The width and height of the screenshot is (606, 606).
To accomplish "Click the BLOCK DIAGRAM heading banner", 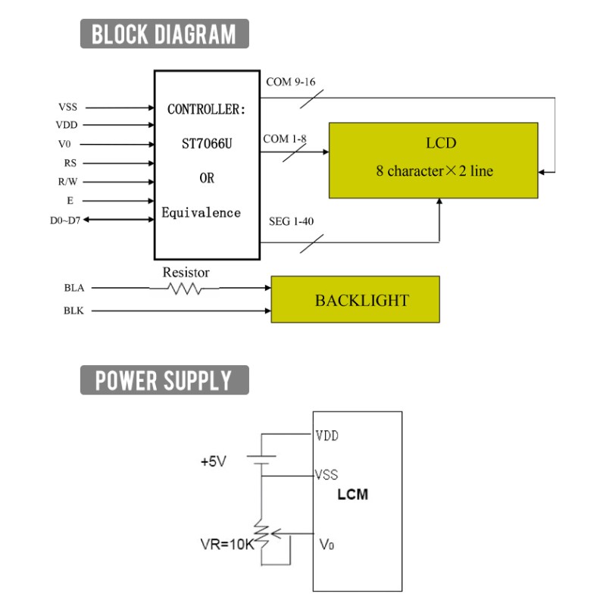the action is point(164,33).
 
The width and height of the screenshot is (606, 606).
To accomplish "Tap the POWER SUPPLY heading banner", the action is point(164,380).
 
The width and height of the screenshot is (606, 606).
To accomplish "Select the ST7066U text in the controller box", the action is point(207,144).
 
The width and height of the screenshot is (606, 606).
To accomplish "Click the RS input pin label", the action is point(70,163).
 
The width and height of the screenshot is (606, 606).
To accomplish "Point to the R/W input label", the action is point(67,182).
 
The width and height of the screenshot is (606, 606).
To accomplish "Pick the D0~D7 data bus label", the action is point(65,220).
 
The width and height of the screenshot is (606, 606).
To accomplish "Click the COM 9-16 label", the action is point(291,82).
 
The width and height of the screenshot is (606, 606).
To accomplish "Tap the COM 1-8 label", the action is point(285,139).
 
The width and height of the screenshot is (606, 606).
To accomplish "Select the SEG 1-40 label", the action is point(292,221).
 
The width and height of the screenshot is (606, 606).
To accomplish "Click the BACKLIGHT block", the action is point(355,299).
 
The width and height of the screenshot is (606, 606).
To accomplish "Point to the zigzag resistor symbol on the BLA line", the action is point(184,289).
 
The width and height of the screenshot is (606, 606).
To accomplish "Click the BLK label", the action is point(73,311).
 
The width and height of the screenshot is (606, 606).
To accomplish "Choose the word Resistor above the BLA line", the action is point(186,273).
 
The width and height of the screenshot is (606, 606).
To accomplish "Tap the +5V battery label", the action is point(214,461).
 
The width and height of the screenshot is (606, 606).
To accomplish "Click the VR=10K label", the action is point(227,544).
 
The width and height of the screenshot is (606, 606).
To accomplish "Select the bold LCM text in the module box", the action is point(352,495).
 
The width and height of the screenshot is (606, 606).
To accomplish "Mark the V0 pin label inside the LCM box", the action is point(327,544).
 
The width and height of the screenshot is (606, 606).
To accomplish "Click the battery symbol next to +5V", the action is point(261,460).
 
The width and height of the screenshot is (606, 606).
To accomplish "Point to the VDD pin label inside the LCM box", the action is point(327,436).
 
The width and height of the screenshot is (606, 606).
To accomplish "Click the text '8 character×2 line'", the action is point(434,171).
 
